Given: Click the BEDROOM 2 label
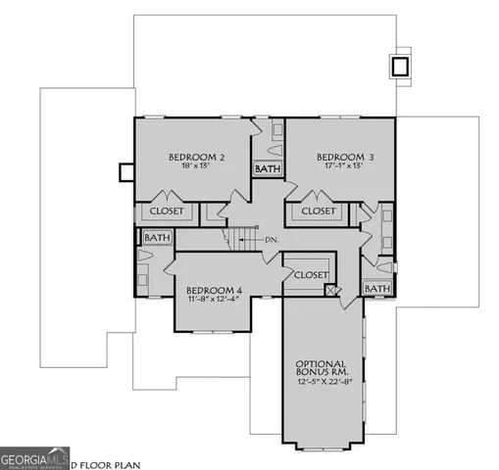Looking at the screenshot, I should (197, 157).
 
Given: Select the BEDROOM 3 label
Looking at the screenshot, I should (345, 157).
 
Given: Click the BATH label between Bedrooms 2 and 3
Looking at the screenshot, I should (267, 169).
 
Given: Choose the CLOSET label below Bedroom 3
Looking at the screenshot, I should (318, 211).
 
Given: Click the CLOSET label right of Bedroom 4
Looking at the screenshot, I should (311, 275).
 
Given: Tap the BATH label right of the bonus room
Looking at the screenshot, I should (375, 289).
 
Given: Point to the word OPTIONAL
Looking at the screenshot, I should (323, 364).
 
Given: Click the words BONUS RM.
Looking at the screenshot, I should (323, 374).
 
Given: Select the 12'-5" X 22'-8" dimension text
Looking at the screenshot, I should (323, 385).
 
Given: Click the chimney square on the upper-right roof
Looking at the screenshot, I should (399, 67).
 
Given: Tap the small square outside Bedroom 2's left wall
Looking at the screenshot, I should (125, 172).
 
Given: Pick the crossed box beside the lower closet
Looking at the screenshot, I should (332, 291).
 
